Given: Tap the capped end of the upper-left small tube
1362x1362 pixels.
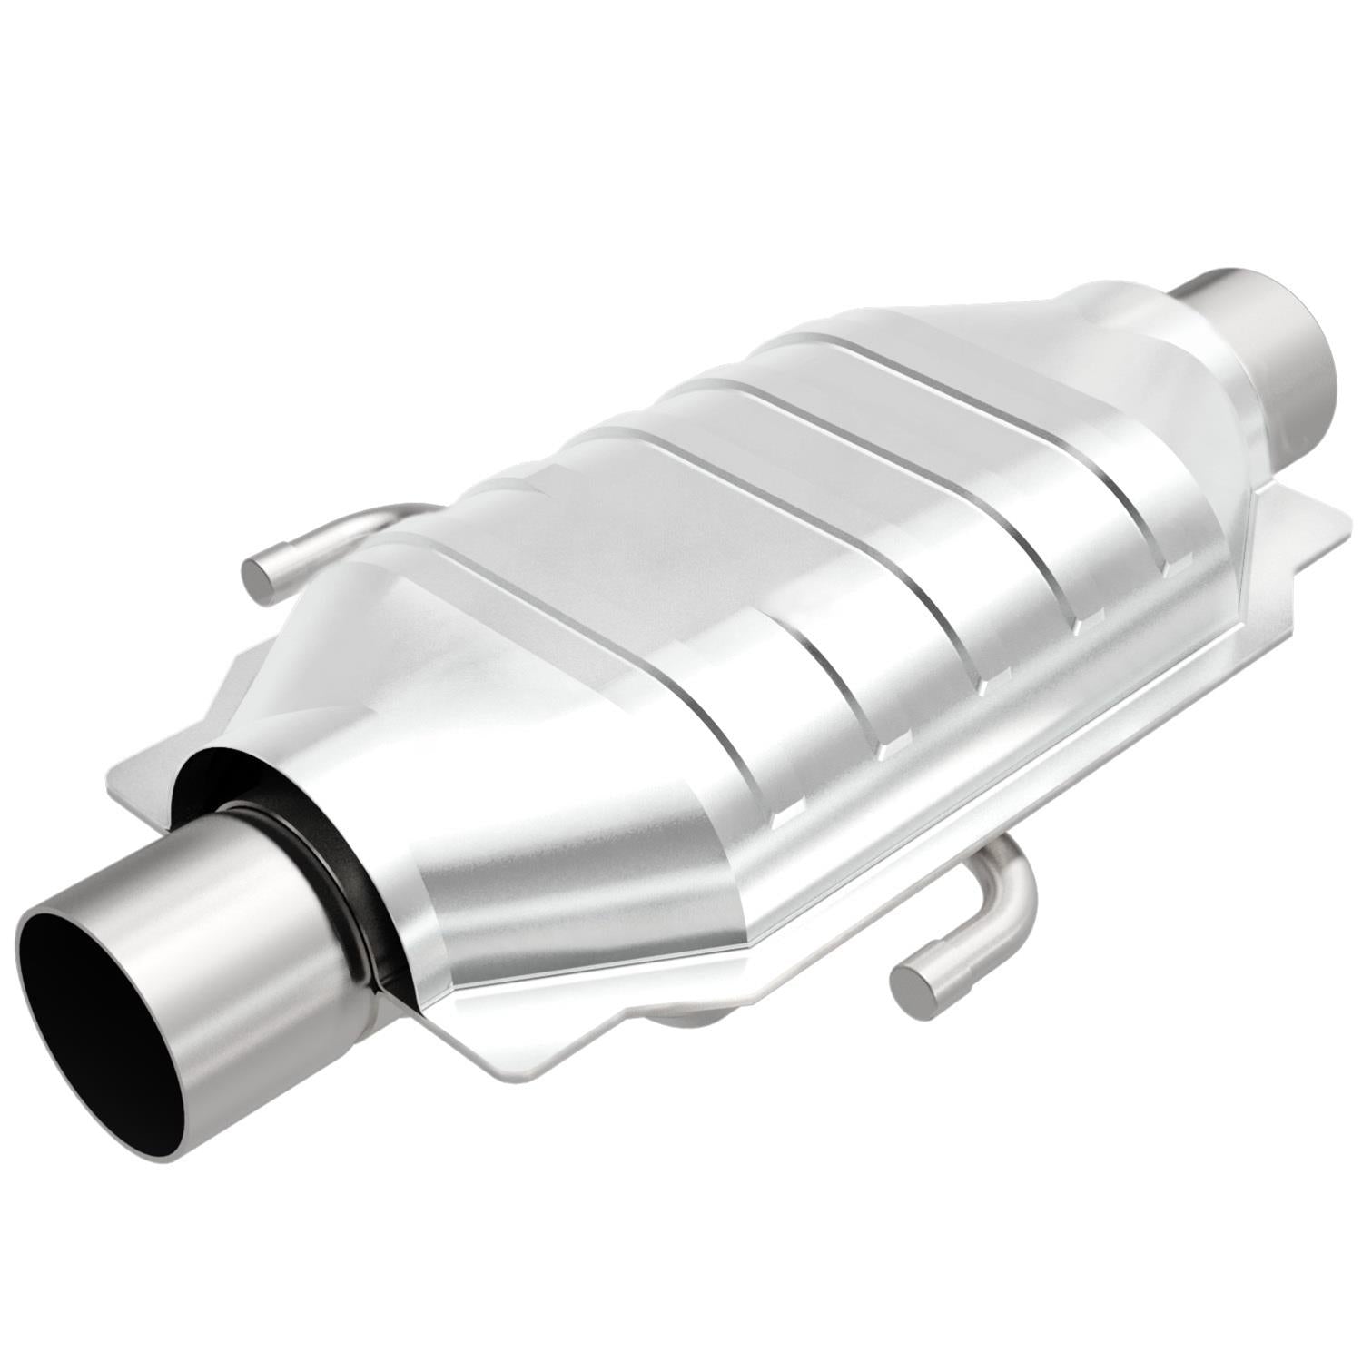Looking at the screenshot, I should (x=261, y=578).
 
